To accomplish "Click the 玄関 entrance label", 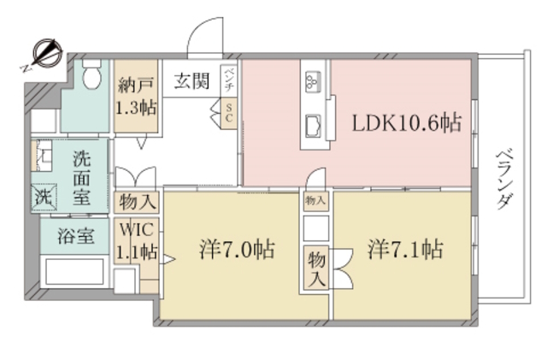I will (x=191, y=82).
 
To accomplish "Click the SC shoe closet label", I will (x=229, y=113).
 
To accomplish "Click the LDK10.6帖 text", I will (x=407, y=123).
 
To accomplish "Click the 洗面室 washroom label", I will (x=82, y=177).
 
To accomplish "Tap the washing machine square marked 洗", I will (x=43, y=196).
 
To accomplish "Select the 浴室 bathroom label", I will (x=76, y=237).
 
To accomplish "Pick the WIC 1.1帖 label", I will (x=136, y=241).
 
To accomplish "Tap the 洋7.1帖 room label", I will (x=405, y=251).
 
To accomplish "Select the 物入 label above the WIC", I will (x=136, y=204).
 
